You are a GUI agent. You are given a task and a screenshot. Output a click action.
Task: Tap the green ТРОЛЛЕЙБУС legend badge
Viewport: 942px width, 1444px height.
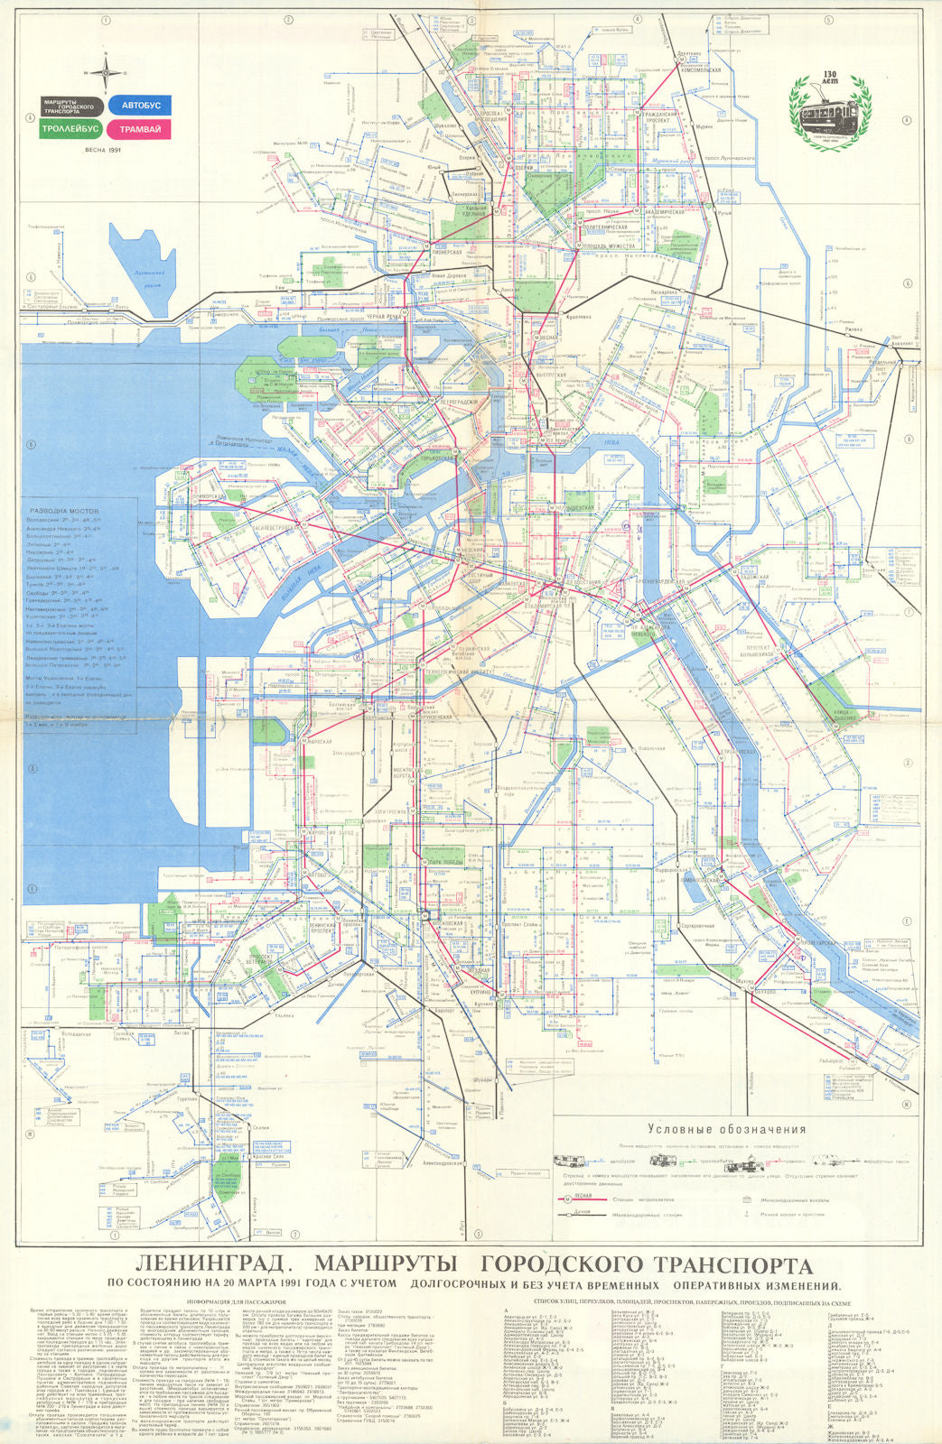[x=70, y=129]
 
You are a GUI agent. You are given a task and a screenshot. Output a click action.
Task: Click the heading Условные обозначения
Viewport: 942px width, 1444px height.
[x=726, y=1129]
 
